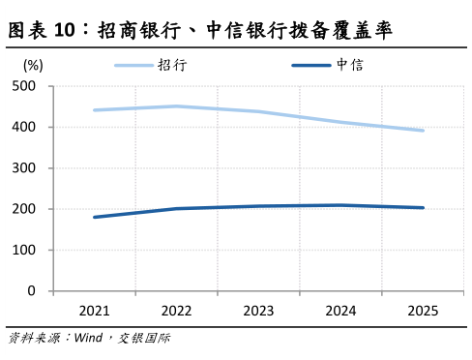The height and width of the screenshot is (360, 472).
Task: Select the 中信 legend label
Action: click(350, 65)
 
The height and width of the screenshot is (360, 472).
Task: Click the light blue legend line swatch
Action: click(134, 66)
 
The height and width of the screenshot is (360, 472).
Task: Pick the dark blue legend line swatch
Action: click(311, 66)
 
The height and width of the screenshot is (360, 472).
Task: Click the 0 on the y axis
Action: click(32, 290)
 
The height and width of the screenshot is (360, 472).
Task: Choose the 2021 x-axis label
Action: click(94, 311)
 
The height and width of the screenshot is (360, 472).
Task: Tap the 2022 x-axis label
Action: click(176, 311)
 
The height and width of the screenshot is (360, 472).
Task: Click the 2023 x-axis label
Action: click(258, 311)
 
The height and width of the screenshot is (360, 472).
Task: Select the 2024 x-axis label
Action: click(340, 311)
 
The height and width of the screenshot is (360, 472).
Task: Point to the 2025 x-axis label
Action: click(423, 311)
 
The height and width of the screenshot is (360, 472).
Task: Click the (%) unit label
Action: click(32, 66)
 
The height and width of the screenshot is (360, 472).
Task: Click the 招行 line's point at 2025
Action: click(423, 131)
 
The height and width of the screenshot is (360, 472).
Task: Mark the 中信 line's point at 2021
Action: click(94, 217)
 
